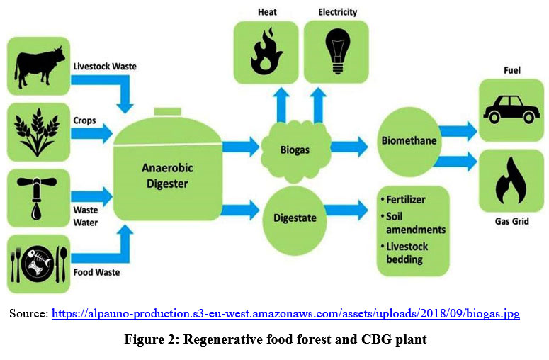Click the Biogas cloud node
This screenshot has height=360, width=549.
(294, 149)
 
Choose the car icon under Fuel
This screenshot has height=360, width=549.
(508, 111)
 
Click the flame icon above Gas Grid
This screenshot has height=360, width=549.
(508, 181)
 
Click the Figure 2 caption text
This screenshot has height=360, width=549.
(275, 339)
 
